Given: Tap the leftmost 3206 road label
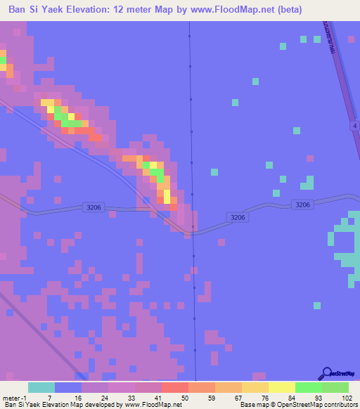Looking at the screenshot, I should pyautogui.click(x=93, y=207).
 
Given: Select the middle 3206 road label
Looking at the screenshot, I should pyautogui.click(x=237, y=218).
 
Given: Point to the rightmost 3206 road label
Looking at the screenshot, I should pyautogui.click(x=302, y=204).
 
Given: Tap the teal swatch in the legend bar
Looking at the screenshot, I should pyautogui.click(x=41, y=387).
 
